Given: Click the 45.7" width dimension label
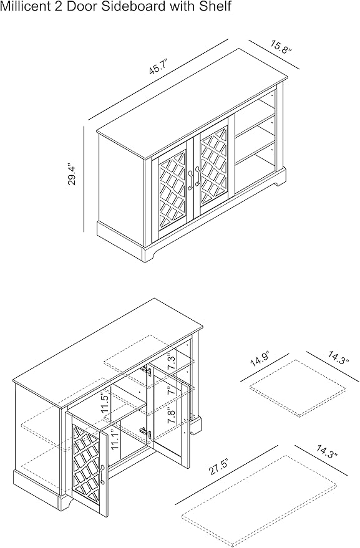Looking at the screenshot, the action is tap(159, 67).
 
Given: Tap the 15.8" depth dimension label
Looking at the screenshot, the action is tap(281, 47).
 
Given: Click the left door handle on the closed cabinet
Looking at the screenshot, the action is tap(191, 180).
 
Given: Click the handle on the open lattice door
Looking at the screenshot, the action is tap(102, 474).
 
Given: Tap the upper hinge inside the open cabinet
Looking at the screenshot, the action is tap(148, 371).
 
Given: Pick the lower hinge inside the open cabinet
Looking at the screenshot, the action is tap(146, 432).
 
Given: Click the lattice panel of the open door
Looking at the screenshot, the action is tap(87, 464).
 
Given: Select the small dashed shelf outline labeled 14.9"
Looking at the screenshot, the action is tap(298, 388).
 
